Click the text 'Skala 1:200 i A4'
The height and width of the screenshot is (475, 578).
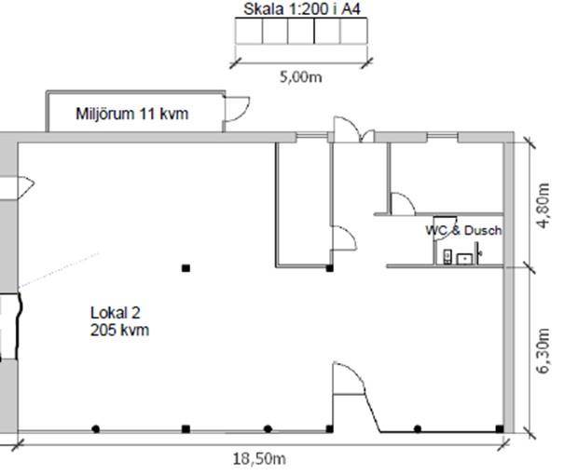(301, 9)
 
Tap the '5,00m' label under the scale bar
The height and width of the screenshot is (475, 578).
(301, 77)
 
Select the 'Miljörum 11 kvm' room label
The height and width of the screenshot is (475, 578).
(132, 114)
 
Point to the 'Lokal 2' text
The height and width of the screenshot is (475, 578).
(116, 313)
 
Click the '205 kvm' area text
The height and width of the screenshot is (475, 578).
(120, 330)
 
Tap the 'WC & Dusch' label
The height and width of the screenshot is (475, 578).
(463, 230)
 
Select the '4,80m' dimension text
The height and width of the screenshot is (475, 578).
(544, 206)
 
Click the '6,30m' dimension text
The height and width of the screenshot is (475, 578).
(544, 350)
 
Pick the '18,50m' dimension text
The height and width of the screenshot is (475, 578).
(259, 459)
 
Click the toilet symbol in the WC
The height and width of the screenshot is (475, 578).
(447, 256)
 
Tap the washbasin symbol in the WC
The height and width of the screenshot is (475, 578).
(464, 259)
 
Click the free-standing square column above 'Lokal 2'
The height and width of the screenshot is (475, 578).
(186, 268)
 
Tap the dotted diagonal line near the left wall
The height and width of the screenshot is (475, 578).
(60, 270)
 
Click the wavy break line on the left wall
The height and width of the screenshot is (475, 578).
(19, 326)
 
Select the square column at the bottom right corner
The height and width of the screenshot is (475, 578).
(500, 428)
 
